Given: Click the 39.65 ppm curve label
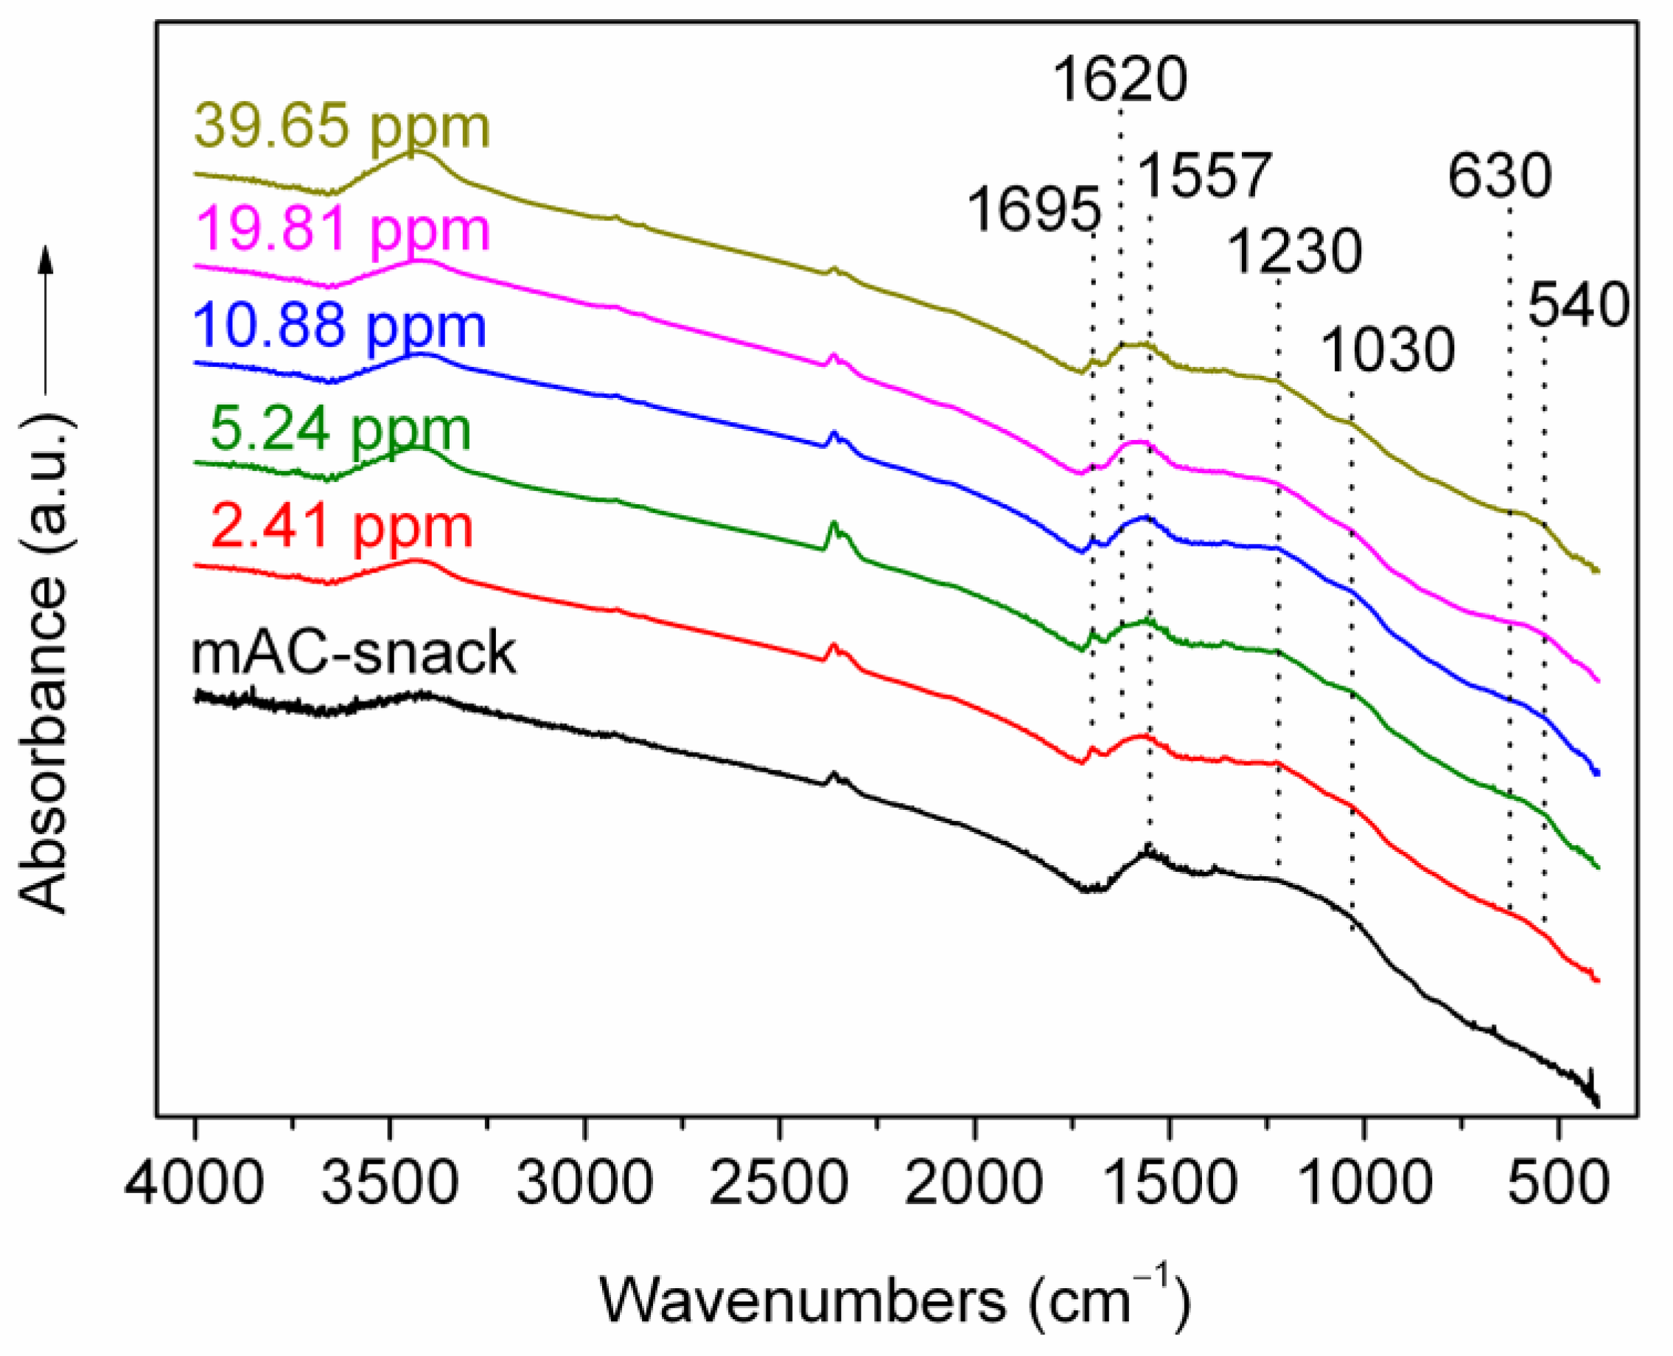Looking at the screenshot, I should (342, 127).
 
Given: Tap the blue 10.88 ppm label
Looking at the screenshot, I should (340, 326).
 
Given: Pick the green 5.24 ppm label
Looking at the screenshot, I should (341, 430).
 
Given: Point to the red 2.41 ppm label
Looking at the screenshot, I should (342, 528).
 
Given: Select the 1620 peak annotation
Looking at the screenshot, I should (1120, 80).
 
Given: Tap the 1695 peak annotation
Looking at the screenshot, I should (1034, 210).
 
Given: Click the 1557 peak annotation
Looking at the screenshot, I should (1206, 177).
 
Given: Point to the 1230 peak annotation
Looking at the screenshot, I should (1296, 252).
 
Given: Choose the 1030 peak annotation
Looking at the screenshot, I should (1389, 351).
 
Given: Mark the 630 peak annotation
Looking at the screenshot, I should (1500, 178).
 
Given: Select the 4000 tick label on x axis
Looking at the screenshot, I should (195, 1184).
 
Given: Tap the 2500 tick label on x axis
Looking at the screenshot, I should (779, 1184).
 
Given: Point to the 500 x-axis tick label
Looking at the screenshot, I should (1558, 1184).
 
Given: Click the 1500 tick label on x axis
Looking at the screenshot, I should (1169, 1184).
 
